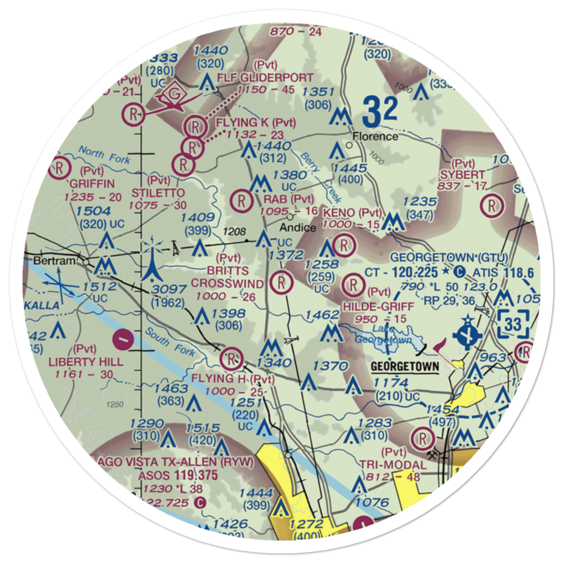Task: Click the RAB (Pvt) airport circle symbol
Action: pos(241,199)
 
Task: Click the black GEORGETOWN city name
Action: pos(405,367)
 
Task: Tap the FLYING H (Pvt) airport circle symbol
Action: pos(231,356)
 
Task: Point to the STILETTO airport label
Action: pos(159,193)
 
